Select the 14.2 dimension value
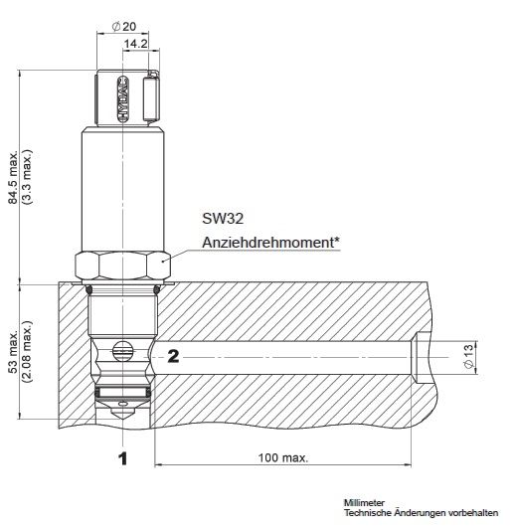tap(136, 45)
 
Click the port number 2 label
tap(171, 353)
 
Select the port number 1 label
tap(122, 458)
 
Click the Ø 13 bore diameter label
tap(467, 354)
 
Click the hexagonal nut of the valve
tap(122, 264)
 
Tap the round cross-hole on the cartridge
tap(122, 351)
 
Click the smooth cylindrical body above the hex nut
tap(122, 189)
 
